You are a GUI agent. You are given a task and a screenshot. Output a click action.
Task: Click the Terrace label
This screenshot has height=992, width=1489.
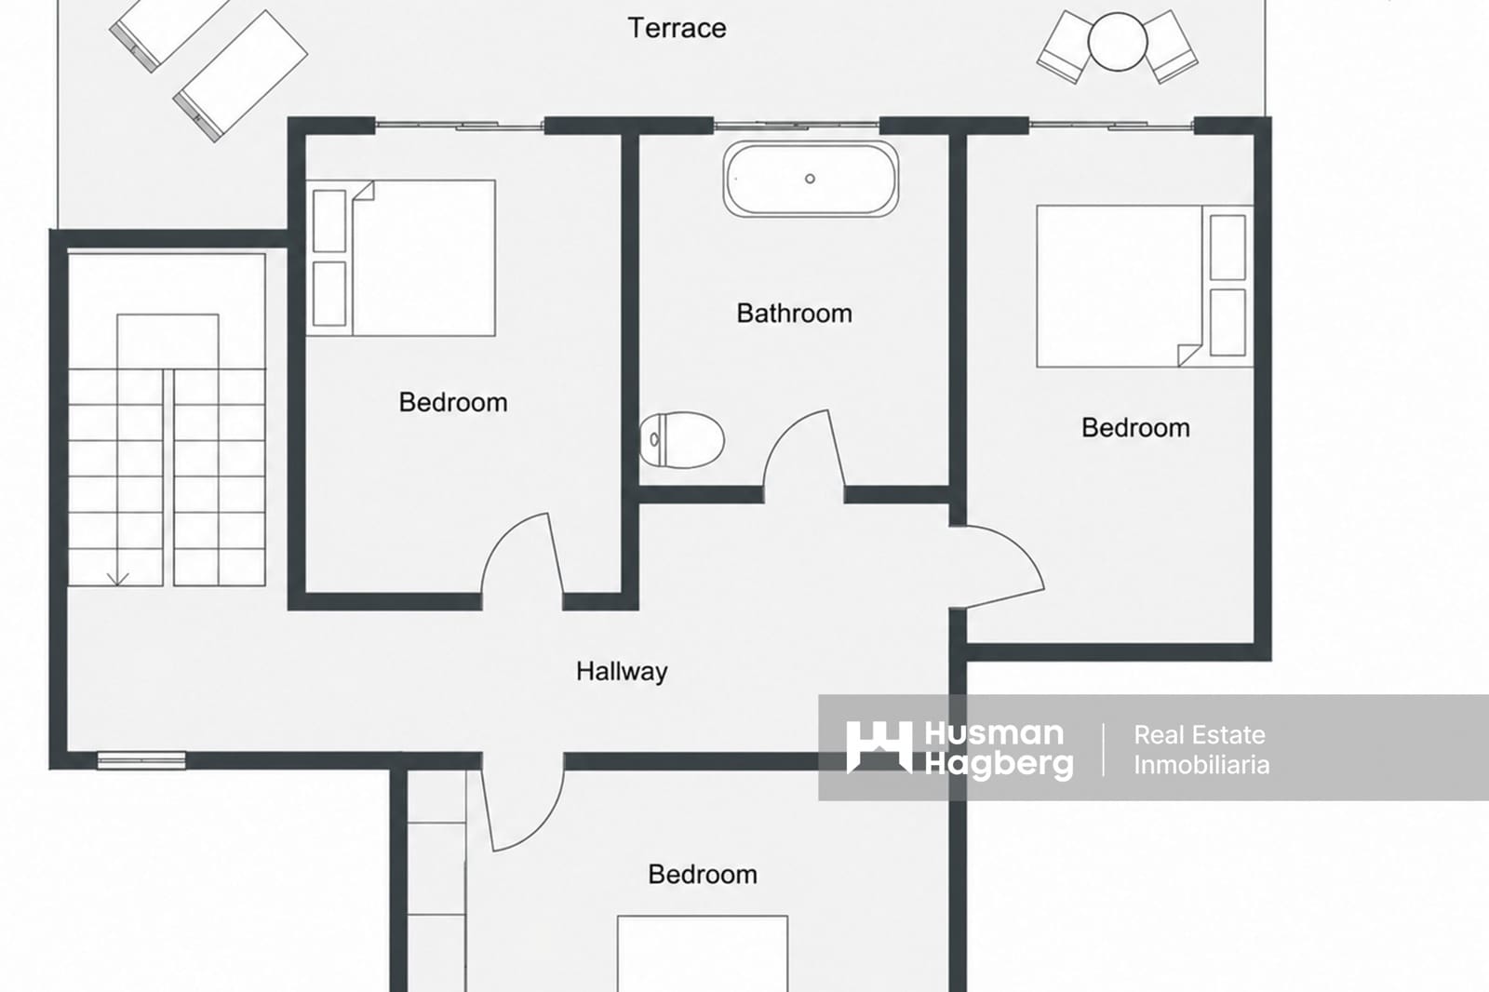coord(677,28)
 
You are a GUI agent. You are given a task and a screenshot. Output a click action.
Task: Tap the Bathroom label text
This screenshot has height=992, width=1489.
coord(795,314)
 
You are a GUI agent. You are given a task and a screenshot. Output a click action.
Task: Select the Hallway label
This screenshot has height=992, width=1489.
coord(622,672)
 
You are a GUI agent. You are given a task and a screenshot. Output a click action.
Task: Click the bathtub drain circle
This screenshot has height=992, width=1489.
coord(810,178)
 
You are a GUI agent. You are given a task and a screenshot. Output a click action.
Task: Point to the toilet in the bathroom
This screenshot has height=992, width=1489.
coord(682,439)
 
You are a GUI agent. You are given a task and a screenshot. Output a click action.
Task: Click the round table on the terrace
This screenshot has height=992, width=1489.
coord(1118,41)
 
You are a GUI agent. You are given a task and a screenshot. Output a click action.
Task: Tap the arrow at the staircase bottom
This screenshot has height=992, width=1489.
coord(117,579)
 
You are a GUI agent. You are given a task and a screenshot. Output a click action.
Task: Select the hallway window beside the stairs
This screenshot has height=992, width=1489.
coord(141,760)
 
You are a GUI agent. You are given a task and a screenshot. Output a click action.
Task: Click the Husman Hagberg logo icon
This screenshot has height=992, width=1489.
coord(879,747)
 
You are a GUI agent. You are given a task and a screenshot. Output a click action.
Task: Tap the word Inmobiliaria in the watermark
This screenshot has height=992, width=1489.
coord(1201,765)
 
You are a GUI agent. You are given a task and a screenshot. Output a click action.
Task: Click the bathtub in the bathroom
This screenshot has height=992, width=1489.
coord(811,179)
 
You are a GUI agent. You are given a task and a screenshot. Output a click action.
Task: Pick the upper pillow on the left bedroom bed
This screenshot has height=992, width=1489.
coord(329,221)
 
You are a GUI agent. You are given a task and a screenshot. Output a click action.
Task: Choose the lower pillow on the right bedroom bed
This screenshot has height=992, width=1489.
coord(1227,323)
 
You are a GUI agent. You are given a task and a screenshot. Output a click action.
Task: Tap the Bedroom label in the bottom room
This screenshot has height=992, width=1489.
coord(703,875)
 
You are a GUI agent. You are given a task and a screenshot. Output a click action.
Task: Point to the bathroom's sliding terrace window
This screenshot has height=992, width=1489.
coord(797,125)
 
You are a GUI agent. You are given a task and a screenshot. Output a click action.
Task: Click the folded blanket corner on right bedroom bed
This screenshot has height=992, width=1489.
coord(1189,355)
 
